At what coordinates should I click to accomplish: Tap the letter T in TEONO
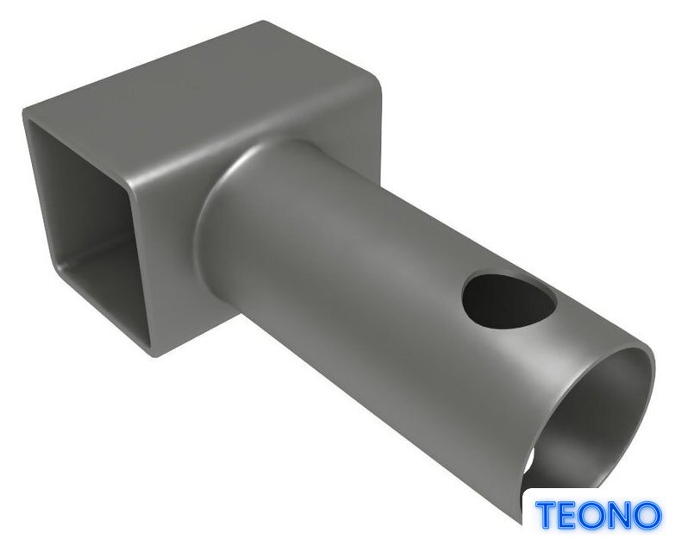(547, 515)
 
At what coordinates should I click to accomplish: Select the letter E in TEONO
(569, 515)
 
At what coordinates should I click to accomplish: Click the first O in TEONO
(595, 515)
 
